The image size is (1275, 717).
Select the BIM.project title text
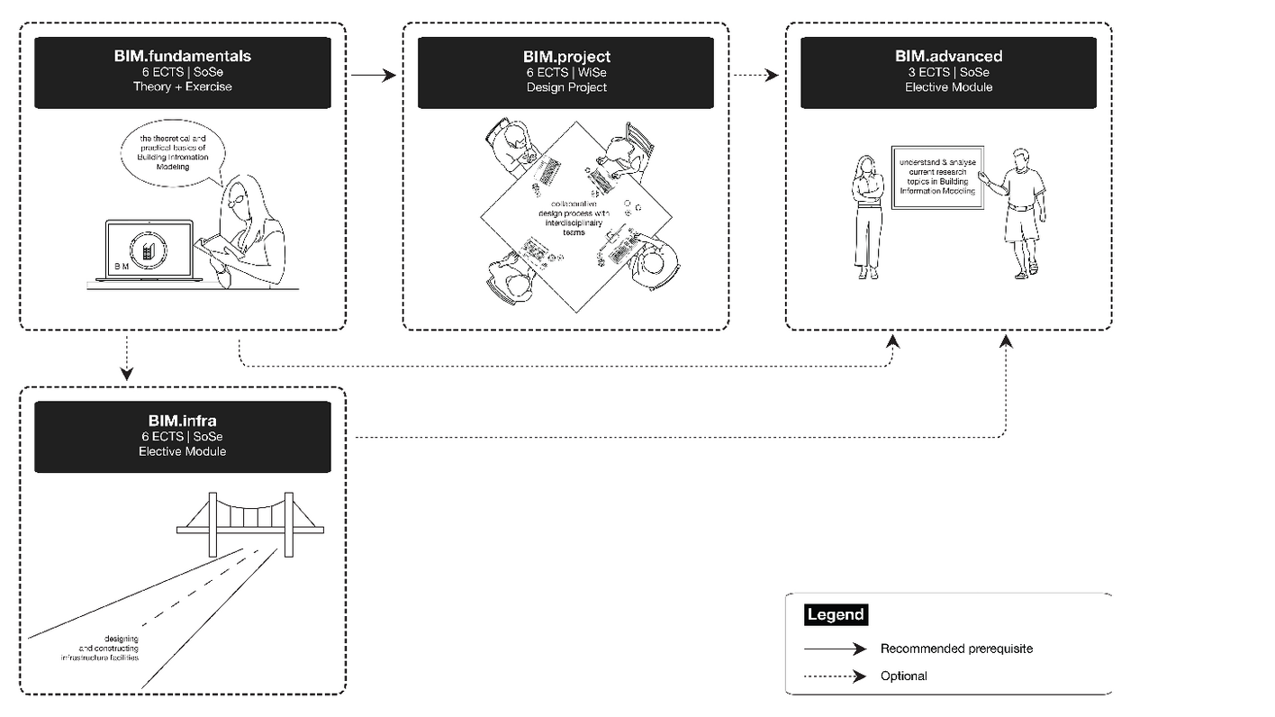566,58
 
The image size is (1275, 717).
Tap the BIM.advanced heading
948,56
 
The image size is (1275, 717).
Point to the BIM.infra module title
183,421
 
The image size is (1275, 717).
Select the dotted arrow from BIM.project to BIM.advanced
755,77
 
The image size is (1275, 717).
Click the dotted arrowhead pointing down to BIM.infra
127,372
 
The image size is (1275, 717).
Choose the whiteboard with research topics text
936,177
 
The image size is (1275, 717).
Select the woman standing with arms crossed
867,216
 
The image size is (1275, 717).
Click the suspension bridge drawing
250,522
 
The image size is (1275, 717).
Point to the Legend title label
836,615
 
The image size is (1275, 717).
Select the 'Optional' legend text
903,676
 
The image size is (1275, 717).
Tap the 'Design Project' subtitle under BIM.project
566,87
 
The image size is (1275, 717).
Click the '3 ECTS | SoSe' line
948,72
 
